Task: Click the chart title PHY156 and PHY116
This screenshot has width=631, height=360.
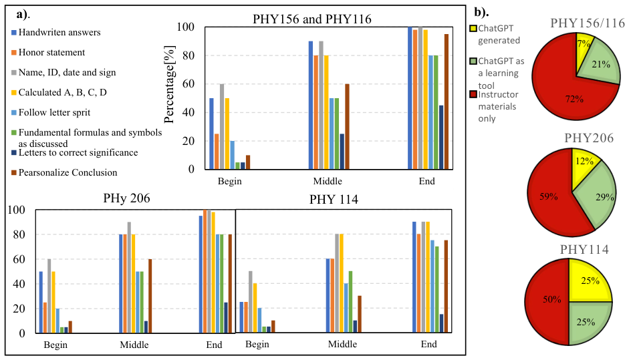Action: coord(312,19)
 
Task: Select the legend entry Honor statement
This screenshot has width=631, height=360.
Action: coord(48,52)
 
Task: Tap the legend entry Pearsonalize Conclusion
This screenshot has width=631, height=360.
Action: coord(64,172)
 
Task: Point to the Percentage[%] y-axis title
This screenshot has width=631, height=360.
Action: coord(169,84)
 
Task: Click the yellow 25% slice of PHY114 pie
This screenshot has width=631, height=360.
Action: coord(590,282)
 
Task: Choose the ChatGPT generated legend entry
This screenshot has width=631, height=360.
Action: coord(495,34)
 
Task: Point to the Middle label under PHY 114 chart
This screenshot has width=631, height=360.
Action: coord(342,345)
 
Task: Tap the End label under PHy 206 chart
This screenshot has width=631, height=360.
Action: coord(214,345)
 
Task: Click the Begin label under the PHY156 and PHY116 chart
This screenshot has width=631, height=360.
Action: coord(230,181)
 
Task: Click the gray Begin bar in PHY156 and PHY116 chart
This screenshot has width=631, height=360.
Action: coord(222,126)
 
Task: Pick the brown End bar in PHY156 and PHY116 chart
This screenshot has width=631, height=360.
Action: coord(447,102)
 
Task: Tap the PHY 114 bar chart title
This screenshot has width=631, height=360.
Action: coord(334,200)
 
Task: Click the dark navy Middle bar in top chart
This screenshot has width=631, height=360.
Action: coord(342,152)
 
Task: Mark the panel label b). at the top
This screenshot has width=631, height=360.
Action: coord(481,13)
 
